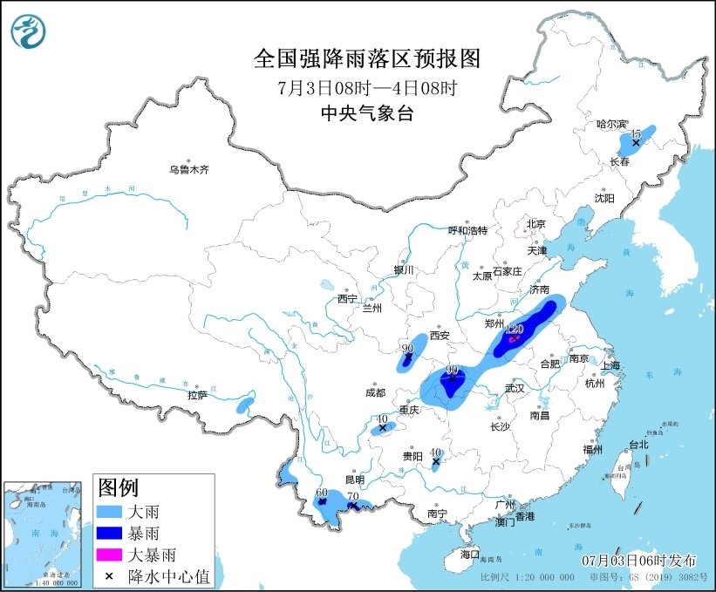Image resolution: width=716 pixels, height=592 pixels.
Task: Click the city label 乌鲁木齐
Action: [x=189, y=169]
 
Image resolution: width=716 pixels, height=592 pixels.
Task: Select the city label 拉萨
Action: [x=197, y=395]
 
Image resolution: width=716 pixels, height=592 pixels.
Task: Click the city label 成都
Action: [x=374, y=392]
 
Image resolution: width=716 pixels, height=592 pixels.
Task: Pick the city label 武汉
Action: [x=514, y=388]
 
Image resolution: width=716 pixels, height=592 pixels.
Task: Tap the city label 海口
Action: [x=469, y=554]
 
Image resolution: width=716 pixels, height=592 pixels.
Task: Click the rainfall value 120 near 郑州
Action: [x=514, y=330]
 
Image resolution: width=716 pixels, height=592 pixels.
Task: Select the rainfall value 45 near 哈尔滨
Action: [x=637, y=133]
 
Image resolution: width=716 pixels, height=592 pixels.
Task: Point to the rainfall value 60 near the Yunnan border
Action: [x=321, y=493]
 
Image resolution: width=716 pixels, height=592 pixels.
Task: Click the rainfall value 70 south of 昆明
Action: [x=353, y=497]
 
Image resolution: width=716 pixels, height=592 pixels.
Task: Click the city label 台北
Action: [x=638, y=445]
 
